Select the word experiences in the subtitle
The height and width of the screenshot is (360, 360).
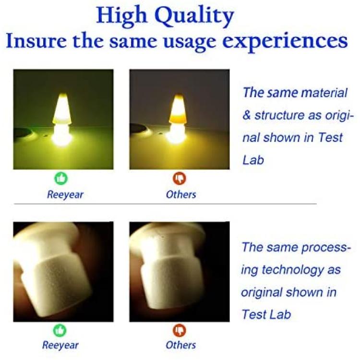[x=285, y=41]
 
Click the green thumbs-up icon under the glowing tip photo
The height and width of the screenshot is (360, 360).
[x=61, y=179]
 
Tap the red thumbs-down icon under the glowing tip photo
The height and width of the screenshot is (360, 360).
[x=180, y=179]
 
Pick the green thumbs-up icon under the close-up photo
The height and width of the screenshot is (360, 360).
[x=60, y=330]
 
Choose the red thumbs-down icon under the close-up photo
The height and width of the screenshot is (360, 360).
[x=180, y=330]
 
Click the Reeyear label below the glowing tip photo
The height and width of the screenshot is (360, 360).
[x=65, y=195]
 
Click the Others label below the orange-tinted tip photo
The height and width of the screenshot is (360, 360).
[x=181, y=194]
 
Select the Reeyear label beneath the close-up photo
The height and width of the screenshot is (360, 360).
[x=60, y=345]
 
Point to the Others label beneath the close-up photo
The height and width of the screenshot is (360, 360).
[x=181, y=345]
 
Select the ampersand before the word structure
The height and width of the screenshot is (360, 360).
[x=246, y=115]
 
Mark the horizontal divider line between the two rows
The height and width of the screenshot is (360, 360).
[x=165, y=204]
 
